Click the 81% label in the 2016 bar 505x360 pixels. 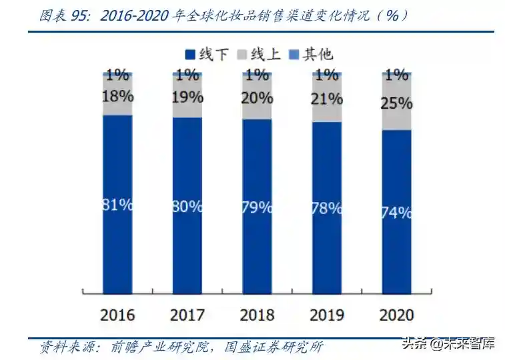click(x=117, y=205)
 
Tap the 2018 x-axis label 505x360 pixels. click(x=257, y=314)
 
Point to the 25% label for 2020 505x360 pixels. click(x=397, y=104)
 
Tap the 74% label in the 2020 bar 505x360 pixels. click(x=397, y=213)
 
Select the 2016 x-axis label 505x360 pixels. click(x=117, y=314)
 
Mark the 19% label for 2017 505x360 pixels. click(x=187, y=97)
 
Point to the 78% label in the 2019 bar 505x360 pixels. click(x=327, y=207)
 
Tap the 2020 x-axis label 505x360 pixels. click(x=397, y=314)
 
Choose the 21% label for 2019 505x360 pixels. click(x=327, y=99)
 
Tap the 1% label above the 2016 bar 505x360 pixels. click(x=117, y=75)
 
